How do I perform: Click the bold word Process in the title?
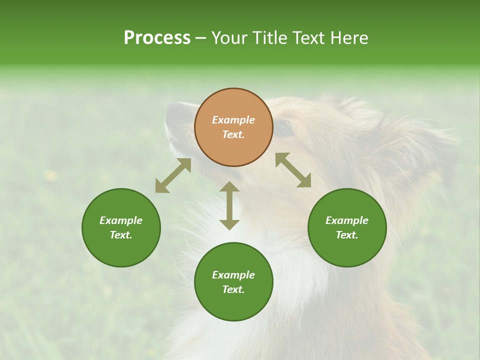click(157, 38)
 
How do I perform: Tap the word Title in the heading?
click(269, 38)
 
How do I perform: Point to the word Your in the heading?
click(229, 38)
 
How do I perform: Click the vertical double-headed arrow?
click(229, 205)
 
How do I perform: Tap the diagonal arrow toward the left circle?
click(173, 175)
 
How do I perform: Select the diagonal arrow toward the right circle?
click(293, 170)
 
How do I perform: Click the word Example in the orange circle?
click(233, 120)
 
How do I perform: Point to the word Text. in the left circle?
click(121, 235)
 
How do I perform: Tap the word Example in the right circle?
click(347, 220)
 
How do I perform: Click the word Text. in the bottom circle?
click(233, 289)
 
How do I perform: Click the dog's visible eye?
click(284, 127)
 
